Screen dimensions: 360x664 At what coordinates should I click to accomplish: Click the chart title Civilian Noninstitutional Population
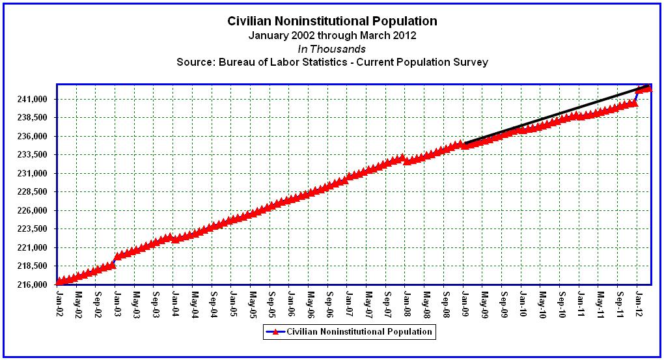click(332, 21)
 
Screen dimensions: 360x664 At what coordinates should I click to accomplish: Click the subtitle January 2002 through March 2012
click(332, 36)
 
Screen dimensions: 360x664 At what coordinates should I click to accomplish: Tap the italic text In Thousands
click(332, 49)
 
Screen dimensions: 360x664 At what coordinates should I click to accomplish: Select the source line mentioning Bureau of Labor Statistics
click(332, 62)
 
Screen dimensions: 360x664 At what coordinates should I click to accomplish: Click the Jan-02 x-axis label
click(59, 301)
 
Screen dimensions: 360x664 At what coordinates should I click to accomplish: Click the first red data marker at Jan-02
click(59, 282)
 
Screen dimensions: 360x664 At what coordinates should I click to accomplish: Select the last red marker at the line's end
click(648, 88)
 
